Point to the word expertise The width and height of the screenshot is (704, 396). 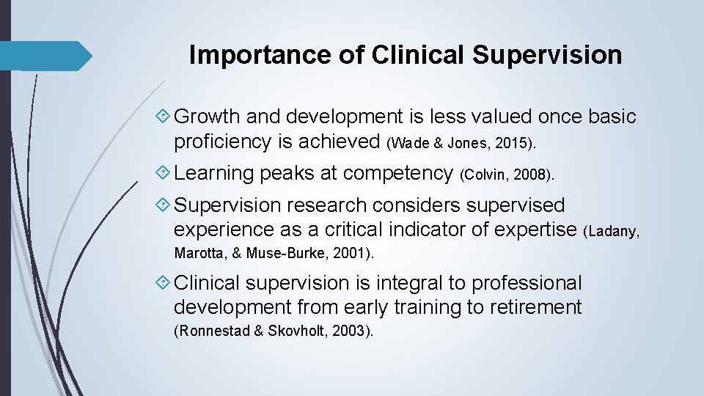click(x=532, y=230)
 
